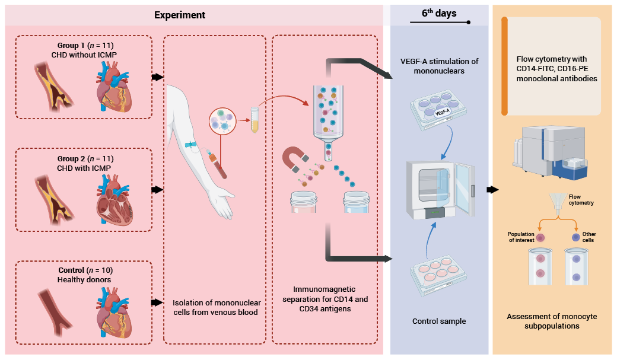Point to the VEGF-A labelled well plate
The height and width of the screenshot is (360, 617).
coord(439,110)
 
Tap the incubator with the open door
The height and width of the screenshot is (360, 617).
coord(440,189)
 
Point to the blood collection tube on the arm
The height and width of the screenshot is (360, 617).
coord(218,165)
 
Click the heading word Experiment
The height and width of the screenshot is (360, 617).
coord(180,15)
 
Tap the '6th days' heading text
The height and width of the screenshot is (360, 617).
coord(439,14)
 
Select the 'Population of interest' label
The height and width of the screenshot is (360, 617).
coord(521,237)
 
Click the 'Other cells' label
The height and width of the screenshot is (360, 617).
coord(589,237)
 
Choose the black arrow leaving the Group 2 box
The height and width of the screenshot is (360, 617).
coord(157,190)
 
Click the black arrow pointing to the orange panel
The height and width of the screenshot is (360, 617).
coord(492,190)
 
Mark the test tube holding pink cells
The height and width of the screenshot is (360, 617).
coord(540,266)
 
